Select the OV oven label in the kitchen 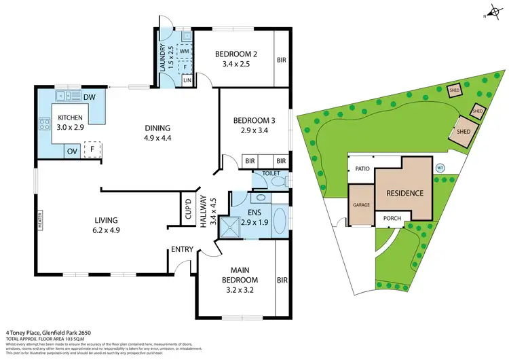[69, 150]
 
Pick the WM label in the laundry [184, 50]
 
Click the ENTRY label [183, 249]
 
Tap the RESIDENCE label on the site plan [404, 193]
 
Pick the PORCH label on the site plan [392, 219]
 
